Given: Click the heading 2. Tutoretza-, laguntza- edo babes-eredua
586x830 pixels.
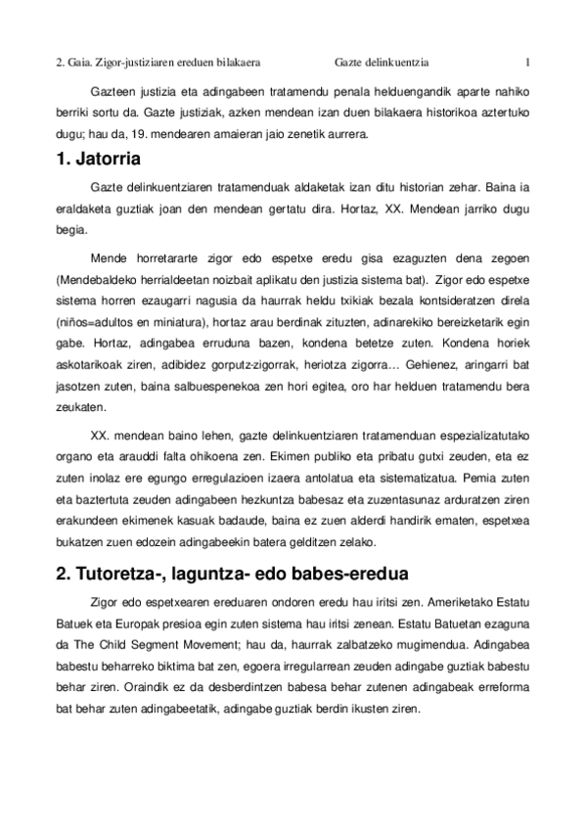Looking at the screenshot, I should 232,573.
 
